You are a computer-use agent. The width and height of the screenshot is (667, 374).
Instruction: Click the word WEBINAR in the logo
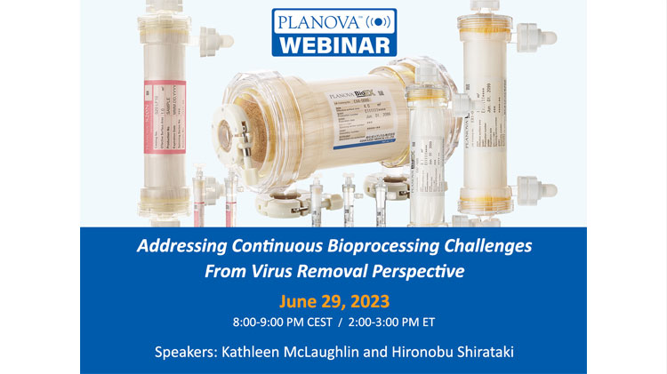(x=333, y=43)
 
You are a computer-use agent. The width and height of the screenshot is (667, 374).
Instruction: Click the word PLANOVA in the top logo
(x=317, y=20)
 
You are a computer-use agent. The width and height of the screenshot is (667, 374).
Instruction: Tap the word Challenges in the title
(x=483, y=246)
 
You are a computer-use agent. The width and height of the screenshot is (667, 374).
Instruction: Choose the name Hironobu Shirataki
(x=456, y=352)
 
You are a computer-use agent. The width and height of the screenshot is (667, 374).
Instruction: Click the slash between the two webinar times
(x=335, y=320)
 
